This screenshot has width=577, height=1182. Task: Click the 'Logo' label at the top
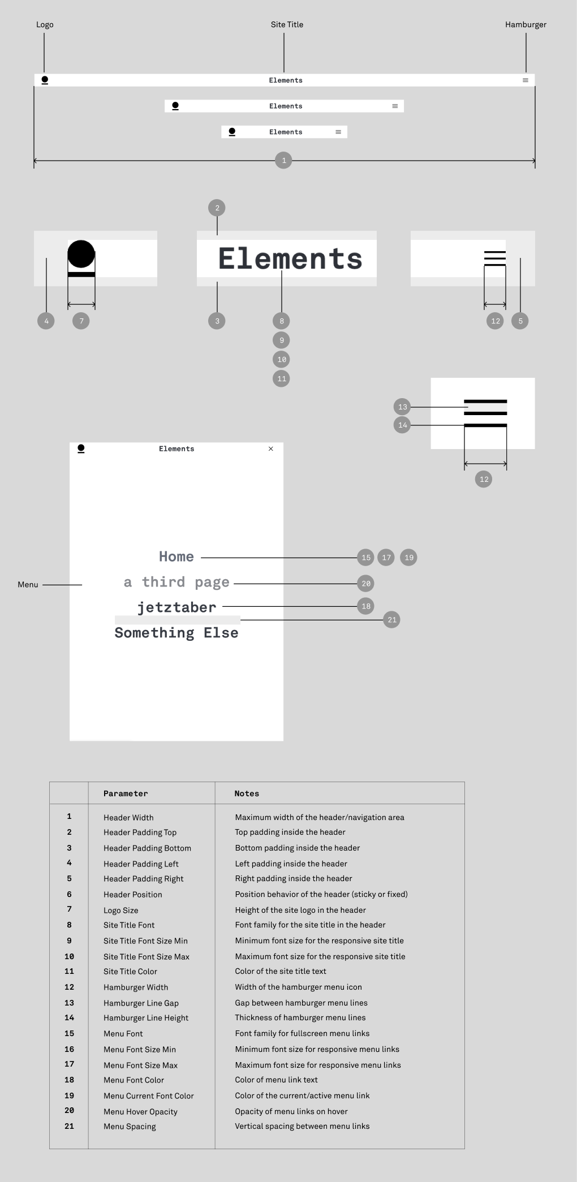point(45,25)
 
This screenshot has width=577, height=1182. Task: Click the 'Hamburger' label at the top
point(526,25)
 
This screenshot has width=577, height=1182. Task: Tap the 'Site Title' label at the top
point(287,25)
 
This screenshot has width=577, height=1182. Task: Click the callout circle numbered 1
point(283,161)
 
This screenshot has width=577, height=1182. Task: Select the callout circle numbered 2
point(217,208)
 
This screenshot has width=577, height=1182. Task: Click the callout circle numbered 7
point(81,321)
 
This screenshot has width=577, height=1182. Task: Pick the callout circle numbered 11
point(281,379)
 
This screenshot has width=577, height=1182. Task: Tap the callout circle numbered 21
point(391,620)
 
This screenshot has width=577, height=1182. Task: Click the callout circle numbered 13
point(402,407)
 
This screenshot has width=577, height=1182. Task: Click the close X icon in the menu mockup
point(271,449)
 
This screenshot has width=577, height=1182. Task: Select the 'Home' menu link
point(176,557)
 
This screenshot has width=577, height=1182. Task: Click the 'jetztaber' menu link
point(176,607)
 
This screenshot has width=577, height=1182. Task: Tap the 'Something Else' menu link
point(176,633)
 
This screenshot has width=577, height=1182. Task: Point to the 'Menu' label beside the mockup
point(28,585)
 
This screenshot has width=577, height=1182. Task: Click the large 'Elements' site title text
point(290,259)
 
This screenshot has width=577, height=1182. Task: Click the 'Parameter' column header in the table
point(126,793)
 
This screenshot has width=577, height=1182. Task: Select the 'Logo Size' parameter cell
point(120,911)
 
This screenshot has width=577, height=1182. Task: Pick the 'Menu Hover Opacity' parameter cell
point(140,1112)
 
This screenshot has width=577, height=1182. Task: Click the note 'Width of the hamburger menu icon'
point(298,987)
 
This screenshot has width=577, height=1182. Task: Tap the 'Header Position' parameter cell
point(133,895)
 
